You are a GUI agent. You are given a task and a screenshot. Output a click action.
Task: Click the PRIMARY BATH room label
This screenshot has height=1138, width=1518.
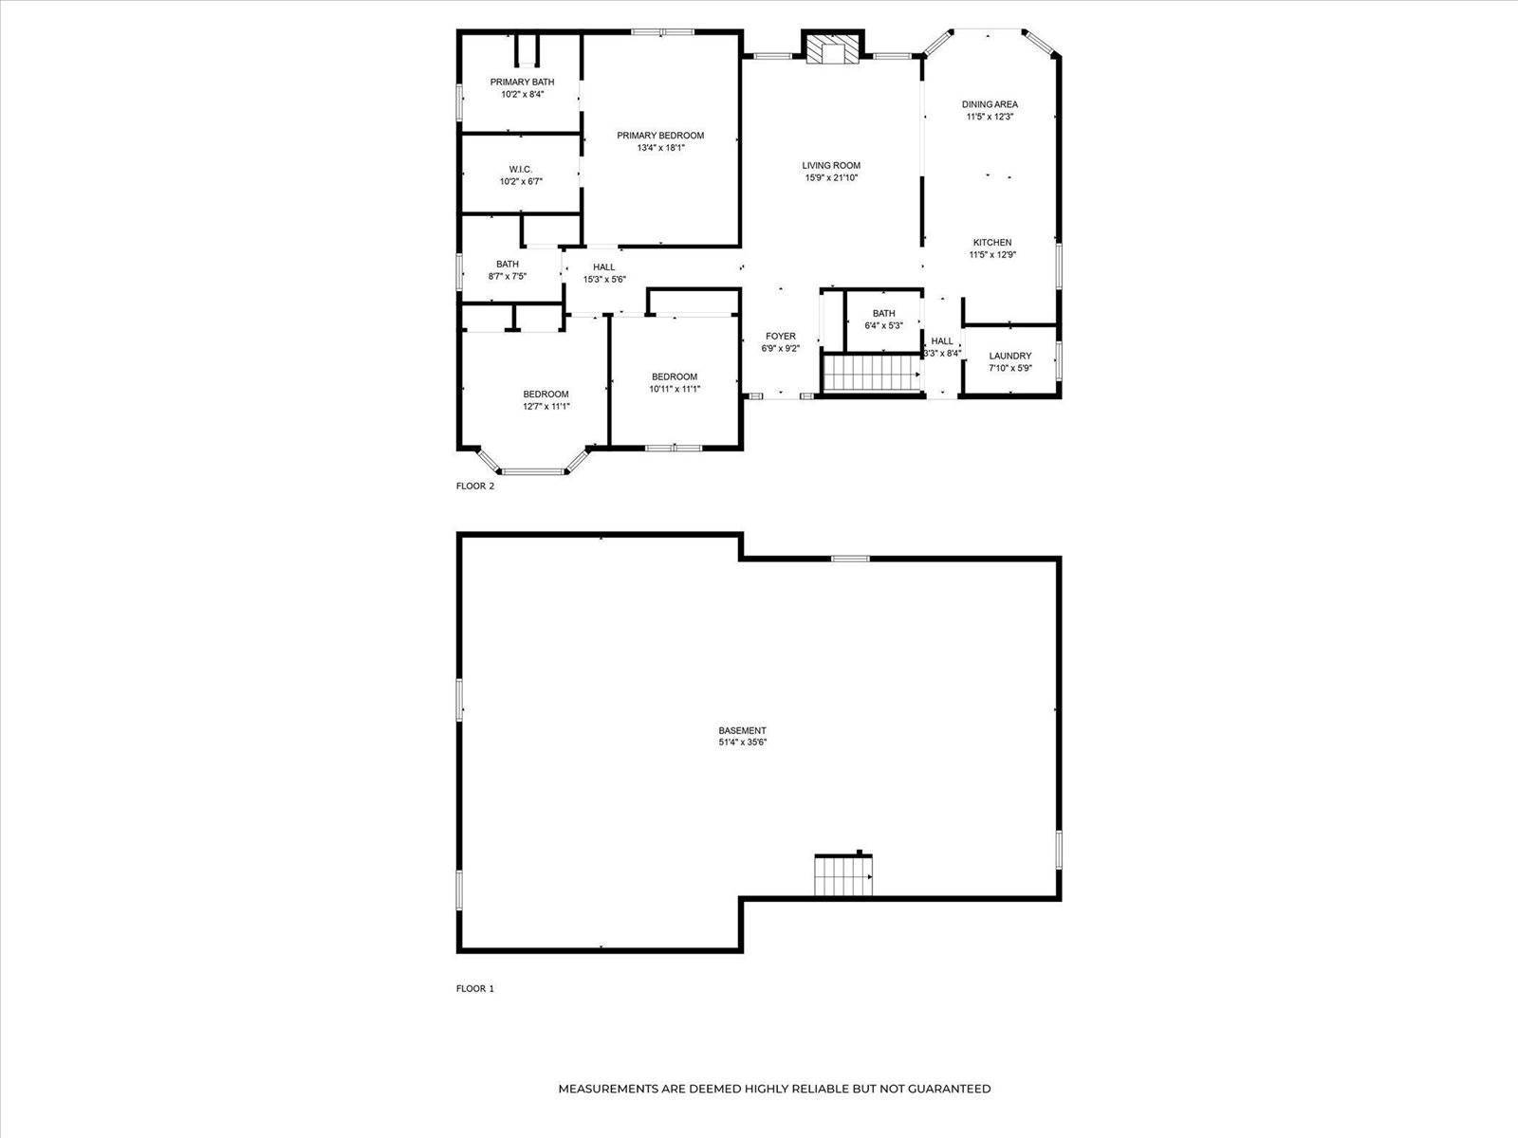click(522, 83)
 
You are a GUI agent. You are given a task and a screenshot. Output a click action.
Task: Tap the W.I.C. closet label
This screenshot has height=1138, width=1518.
click(520, 170)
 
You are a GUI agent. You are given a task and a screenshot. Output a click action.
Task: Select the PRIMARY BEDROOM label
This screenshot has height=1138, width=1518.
click(660, 136)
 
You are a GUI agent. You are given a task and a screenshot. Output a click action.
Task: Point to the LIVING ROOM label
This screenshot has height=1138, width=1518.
click(831, 166)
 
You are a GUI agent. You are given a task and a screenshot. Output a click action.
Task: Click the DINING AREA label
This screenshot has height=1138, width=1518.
click(990, 104)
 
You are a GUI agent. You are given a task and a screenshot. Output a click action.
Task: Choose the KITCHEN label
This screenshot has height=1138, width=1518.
click(991, 243)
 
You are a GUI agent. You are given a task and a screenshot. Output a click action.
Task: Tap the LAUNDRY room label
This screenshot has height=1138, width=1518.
click(1009, 357)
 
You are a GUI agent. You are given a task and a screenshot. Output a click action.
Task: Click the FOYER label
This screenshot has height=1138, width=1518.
click(781, 337)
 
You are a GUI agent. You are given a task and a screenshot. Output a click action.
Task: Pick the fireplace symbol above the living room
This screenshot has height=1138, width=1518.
click(831, 50)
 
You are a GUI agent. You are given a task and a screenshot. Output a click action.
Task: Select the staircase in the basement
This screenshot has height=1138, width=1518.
click(842, 876)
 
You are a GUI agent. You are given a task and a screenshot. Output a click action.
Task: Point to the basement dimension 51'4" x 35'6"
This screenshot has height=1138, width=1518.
click(742, 743)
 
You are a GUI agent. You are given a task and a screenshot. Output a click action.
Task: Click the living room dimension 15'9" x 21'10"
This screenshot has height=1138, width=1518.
click(831, 177)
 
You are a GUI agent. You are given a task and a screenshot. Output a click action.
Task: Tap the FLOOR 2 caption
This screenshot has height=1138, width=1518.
click(475, 486)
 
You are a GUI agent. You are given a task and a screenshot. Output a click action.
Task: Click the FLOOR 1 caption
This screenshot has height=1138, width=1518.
click(475, 988)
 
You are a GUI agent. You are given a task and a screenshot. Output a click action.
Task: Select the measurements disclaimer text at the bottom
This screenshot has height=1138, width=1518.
click(774, 1089)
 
